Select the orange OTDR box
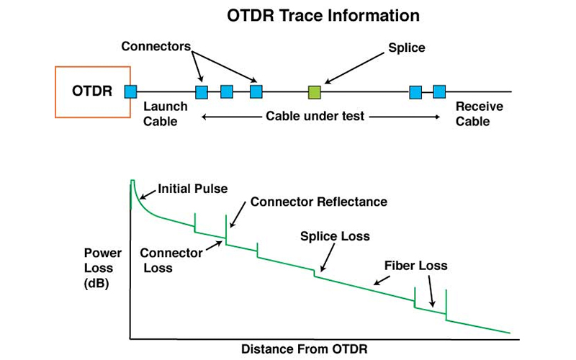click(x=92, y=91)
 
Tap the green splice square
click(x=314, y=91)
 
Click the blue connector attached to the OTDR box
click(x=130, y=91)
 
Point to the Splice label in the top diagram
click(x=407, y=48)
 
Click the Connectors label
click(x=155, y=47)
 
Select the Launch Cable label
click(x=165, y=114)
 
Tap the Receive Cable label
click(x=479, y=114)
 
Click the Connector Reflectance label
click(x=318, y=202)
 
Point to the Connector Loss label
click(x=166, y=260)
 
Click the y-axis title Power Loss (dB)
click(x=103, y=267)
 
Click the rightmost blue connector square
click(x=439, y=91)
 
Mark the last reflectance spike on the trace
click(x=446, y=302)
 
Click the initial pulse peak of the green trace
click(x=132, y=181)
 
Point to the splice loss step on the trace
click(x=315, y=273)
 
